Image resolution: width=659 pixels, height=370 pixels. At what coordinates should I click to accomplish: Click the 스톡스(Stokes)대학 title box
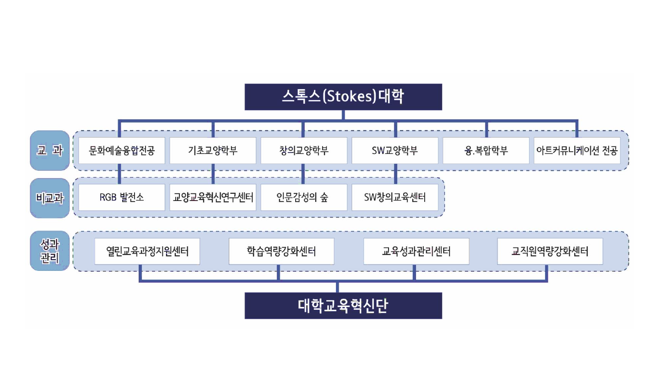coord(343,97)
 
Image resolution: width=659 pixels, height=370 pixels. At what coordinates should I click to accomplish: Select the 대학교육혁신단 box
coord(343,306)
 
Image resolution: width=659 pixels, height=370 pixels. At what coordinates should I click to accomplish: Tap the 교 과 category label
coord(50,150)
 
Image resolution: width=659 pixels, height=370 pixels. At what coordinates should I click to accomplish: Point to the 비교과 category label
coord(50,198)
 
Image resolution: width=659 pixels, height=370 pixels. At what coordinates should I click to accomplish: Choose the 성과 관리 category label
coord(50,251)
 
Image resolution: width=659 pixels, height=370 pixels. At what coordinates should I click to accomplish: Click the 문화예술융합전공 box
coord(121,150)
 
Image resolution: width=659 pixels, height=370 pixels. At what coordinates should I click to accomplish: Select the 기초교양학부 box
coord(213,150)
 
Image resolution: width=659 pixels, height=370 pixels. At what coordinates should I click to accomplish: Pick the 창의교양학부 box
coord(304,150)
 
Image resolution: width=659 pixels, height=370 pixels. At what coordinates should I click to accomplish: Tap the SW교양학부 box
coord(395,150)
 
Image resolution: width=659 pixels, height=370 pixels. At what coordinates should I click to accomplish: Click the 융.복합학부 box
coord(486,150)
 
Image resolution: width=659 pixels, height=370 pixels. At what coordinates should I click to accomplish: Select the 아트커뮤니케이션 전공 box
coord(577,150)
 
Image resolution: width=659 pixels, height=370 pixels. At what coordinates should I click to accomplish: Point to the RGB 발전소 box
coord(121,197)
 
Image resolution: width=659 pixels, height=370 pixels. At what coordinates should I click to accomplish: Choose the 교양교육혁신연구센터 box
coord(213,197)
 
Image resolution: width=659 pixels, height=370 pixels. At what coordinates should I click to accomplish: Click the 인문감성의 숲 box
coord(304,197)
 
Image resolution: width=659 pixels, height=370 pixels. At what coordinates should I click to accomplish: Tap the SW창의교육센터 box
coord(395,197)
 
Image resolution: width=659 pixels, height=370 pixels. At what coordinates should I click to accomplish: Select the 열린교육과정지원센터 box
coord(147,251)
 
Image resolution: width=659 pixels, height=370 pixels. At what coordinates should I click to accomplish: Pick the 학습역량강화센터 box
coord(279,251)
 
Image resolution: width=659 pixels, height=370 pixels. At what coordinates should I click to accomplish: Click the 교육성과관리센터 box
coord(416,251)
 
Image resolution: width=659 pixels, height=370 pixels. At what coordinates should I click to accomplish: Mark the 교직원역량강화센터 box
coord(550,251)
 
